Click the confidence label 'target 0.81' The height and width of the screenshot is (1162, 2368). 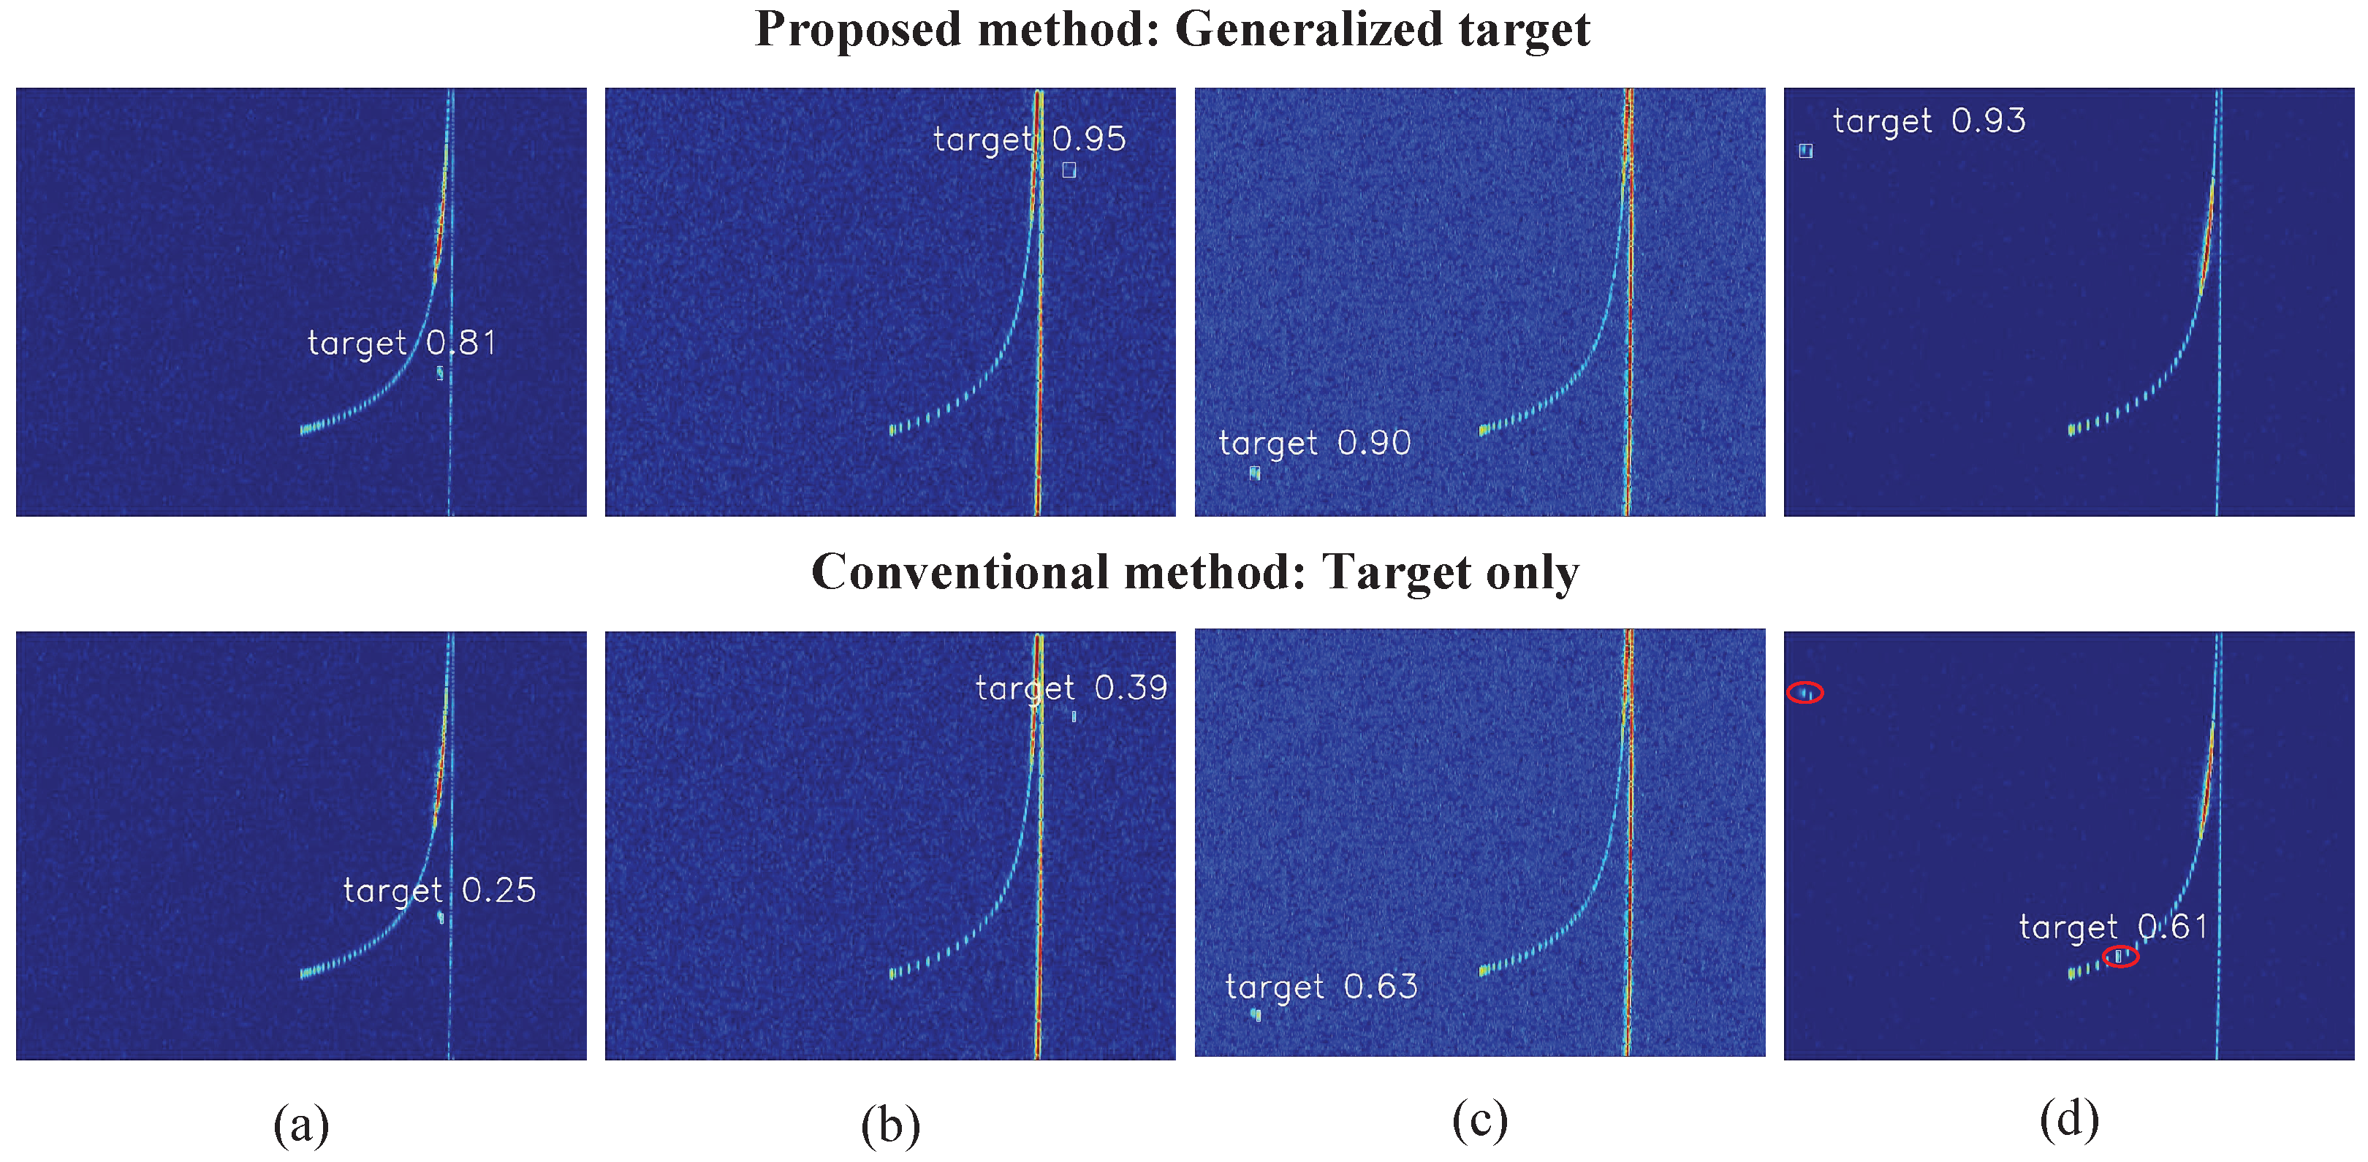click(x=402, y=343)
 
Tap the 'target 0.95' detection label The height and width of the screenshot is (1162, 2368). click(x=1028, y=139)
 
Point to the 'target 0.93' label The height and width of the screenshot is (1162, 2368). click(x=1929, y=121)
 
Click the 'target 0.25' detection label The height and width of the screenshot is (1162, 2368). click(x=439, y=890)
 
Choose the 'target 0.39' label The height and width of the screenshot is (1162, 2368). click(x=1071, y=688)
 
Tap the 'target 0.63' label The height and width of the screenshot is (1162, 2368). click(x=1321, y=987)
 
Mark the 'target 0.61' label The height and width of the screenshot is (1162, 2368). click(x=2112, y=927)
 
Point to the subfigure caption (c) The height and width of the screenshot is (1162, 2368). click(x=1479, y=1120)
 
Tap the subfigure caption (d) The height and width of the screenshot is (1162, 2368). click(x=2068, y=1120)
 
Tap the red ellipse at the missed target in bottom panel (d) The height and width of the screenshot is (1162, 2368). click(x=1805, y=692)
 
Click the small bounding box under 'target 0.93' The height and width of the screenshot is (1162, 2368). click(x=1805, y=151)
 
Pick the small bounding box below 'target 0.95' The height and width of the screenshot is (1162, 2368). click(x=1069, y=170)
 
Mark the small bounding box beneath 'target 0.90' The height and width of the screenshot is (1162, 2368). click(x=1255, y=473)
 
